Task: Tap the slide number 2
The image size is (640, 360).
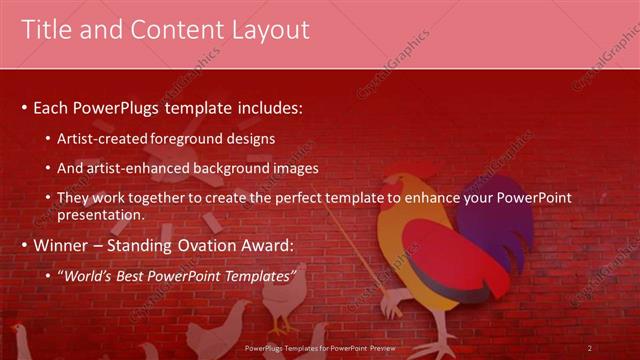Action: pos(590,347)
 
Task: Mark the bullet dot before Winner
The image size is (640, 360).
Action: pos(24,246)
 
